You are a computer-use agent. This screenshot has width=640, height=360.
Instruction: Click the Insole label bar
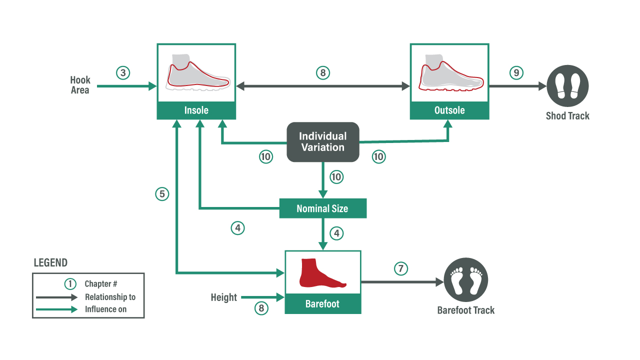click(x=196, y=110)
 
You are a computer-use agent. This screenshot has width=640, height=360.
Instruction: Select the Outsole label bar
click(x=449, y=110)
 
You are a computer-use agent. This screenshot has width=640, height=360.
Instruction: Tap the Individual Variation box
click(x=322, y=142)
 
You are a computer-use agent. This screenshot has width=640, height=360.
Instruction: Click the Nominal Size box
click(x=322, y=208)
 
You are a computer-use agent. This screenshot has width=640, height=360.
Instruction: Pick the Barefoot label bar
click(x=322, y=304)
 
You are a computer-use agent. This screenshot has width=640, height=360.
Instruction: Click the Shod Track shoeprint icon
click(x=567, y=85)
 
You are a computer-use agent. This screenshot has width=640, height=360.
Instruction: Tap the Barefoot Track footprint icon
click(x=465, y=279)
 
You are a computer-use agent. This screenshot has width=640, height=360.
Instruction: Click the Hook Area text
click(x=80, y=85)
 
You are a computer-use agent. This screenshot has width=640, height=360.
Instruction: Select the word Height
click(x=223, y=297)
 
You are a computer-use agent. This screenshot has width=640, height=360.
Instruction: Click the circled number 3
click(x=123, y=72)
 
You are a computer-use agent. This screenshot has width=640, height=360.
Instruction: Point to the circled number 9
click(x=516, y=72)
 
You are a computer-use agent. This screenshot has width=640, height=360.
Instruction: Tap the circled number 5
click(x=162, y=194)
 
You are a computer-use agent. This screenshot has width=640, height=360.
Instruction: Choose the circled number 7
click(x=400, y=268)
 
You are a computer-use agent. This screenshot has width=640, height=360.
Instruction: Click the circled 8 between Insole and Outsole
click(x=323, y=72)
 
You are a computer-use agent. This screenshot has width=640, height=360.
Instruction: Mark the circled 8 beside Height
click(x=261, y=308)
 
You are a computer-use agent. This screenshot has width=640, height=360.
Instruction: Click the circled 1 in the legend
click(x=70, y=283)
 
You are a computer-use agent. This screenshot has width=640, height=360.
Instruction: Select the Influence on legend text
click(x=105, y=309)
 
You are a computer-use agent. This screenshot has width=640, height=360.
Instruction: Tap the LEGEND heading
click(x=50, y=263)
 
